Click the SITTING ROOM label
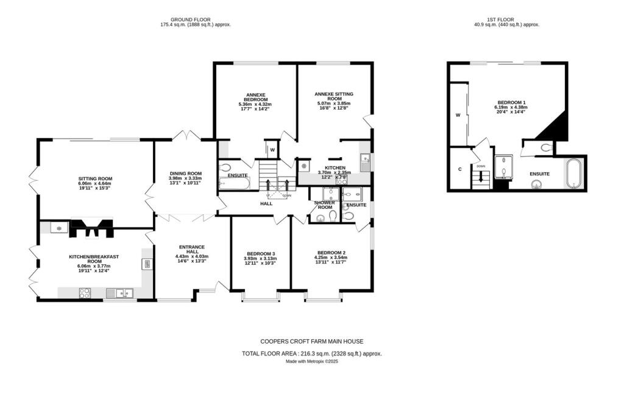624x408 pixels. click(x=95, y=178)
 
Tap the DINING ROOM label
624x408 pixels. click(x=185, y=173)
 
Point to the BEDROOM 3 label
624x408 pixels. click(x=261, y=253)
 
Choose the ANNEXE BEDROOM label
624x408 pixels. click(x=255, y=97)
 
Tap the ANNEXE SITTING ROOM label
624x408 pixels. click(x=334, y=96)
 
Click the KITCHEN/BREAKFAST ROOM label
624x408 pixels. click(x=93, y=259)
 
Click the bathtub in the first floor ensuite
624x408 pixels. click(x=573, y=174)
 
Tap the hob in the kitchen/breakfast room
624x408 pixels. click(x=85, y=294)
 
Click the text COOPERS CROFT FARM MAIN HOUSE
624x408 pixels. click(x=312, y=342)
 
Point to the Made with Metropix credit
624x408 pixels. click(x=312, y=361)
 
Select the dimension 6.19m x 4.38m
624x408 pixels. click(x=511, y=107)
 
